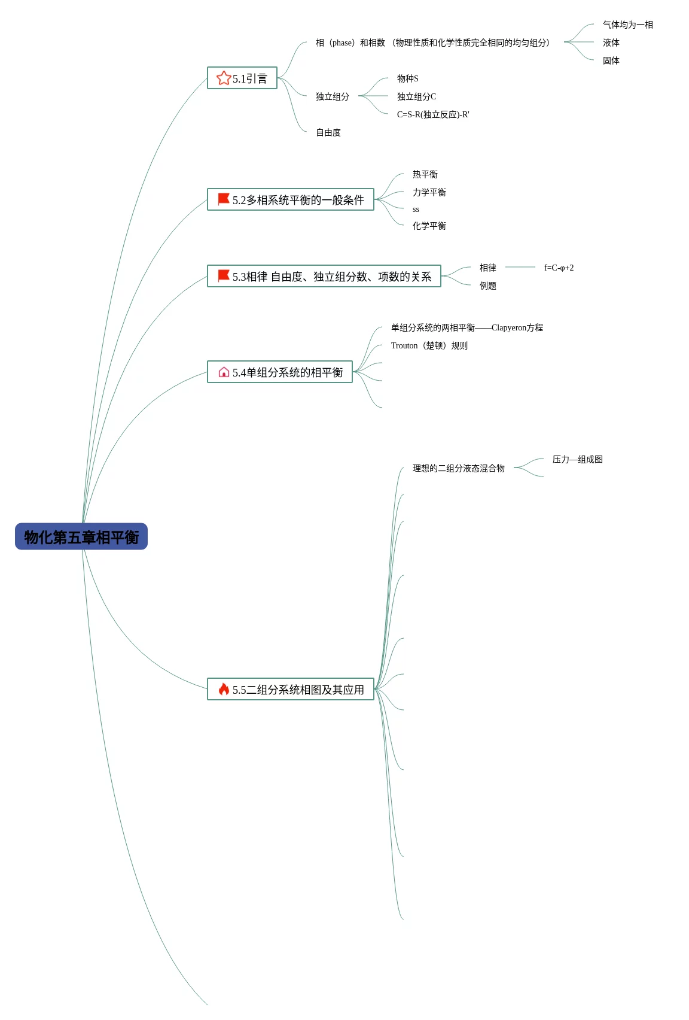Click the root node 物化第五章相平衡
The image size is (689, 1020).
point(81,536)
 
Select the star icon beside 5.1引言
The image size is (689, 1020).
point(224,78)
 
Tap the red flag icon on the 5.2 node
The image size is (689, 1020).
point(224,199)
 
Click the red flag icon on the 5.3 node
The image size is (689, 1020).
point(224,275)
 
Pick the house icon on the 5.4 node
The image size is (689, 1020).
point(224,372)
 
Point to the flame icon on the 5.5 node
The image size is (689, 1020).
point(224,689)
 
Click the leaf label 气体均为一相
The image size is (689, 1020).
point(627,25)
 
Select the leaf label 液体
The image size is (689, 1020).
point(611,42)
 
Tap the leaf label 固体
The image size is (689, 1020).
point(611,60)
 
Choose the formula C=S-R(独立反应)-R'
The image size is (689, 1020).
point(433,114)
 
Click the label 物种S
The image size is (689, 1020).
point(407,78)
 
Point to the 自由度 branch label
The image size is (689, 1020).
point(328,132)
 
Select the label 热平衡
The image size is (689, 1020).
point(425,174)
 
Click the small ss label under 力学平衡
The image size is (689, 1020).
point(416,210)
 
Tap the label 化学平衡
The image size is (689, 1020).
point(429,226)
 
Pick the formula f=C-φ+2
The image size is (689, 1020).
point(559,268)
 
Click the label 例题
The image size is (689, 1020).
point(487,286)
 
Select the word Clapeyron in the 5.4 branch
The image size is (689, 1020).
point(508,327)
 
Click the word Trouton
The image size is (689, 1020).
point(404,345)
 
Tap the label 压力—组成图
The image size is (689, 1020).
point(577,459)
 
